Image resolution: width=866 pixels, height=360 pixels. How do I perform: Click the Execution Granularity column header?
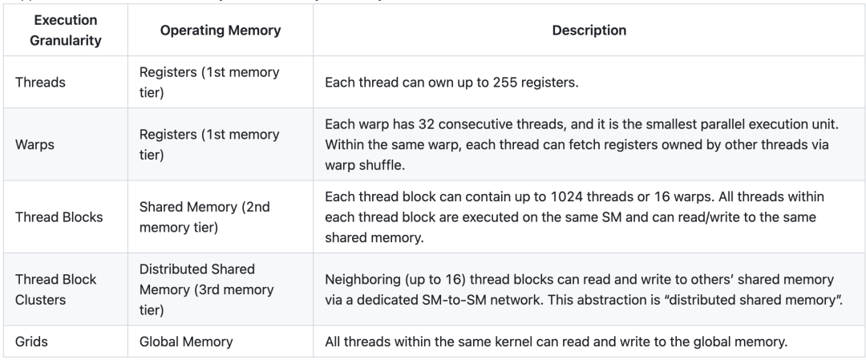(x=65, y=30)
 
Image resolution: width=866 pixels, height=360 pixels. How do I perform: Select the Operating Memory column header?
(x=221, y=30)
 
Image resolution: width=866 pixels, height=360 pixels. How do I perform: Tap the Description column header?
(x=589, y=30)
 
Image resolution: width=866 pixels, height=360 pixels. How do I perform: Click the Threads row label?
(x=40, y=83)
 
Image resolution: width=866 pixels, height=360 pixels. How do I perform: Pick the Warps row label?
(x=34, y=144)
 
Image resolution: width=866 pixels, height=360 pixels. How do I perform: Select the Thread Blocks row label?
(x=59, y=217)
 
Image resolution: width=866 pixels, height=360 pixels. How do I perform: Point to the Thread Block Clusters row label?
(x=56, y=289)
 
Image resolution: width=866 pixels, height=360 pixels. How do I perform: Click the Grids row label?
(x=31, y=342)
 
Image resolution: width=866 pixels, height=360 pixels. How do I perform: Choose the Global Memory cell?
(x=186, y=342)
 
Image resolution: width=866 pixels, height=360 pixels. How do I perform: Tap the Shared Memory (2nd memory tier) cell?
(x=204, y=217)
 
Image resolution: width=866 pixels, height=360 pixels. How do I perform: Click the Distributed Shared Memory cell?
(x=207, y=289)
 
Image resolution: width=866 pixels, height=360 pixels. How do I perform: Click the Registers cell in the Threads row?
(x=209, y=83)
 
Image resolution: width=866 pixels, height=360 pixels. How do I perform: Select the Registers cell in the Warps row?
(x=209, y=144)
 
